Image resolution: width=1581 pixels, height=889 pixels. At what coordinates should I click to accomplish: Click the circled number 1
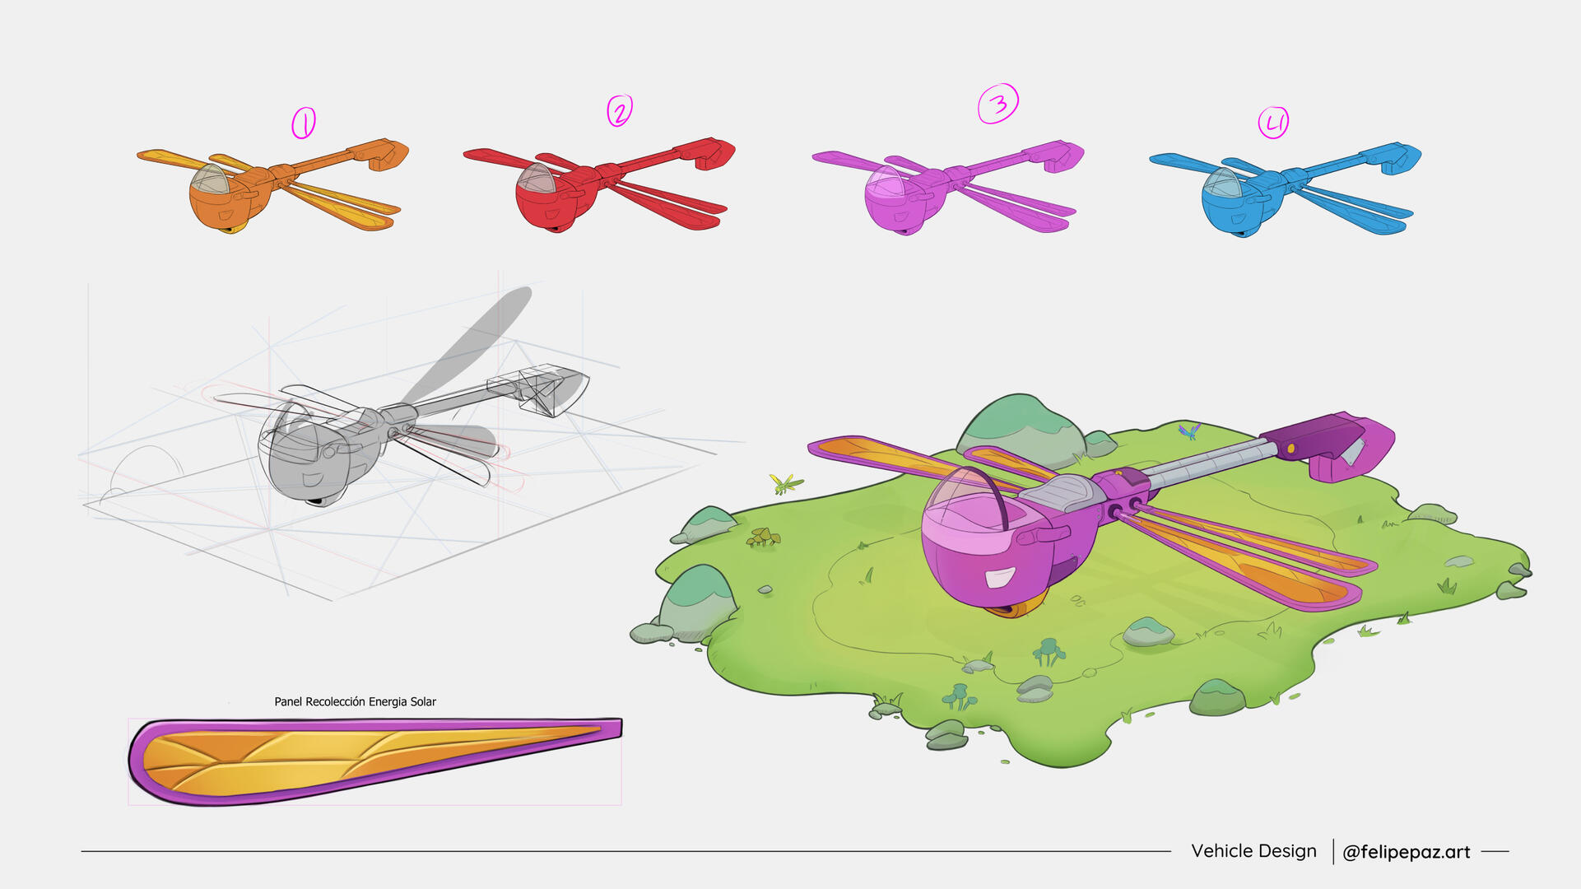303,123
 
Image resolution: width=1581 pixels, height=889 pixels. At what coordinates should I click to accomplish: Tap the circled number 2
620,110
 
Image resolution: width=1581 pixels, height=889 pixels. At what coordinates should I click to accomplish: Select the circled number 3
998,104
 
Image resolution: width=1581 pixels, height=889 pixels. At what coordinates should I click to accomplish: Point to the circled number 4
1273,123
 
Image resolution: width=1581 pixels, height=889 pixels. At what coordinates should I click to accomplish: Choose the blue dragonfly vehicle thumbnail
1284,189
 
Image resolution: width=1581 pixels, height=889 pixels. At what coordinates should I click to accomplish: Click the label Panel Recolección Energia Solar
355,701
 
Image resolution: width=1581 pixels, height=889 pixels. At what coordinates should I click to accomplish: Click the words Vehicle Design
1253,851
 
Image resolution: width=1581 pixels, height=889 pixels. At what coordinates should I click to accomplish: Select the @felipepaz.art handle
1406,852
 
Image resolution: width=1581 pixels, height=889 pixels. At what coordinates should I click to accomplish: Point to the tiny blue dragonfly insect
1188,431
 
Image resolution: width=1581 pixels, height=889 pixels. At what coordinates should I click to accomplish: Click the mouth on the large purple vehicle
999,578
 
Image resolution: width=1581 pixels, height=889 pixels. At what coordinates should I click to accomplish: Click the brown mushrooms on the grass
763,538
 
